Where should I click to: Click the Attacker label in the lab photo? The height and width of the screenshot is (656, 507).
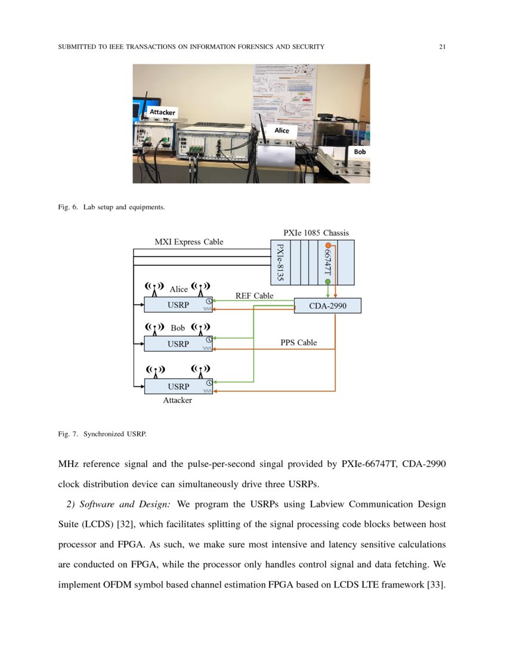click(x=162, y=112)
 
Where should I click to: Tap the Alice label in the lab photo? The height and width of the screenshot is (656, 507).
click(x=282, y=130)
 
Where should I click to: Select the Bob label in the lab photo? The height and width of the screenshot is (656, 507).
click(x=360, y=152)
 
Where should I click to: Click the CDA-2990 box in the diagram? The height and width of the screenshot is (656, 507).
click(x=327, y=306)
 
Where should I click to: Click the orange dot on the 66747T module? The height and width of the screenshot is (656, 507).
click(x=328, y=246)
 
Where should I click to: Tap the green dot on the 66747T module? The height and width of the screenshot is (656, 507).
click(x=328, y=281)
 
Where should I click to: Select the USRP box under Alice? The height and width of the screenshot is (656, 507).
click(x=178, y=305)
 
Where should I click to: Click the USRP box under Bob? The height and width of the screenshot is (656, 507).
click(x=178, y=344)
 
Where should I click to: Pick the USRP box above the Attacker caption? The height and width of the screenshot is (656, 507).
click(x=178, y=386)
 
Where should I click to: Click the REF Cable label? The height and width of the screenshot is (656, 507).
click(x=255, y=295)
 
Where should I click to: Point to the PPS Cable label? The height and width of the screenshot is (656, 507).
click(x=299, y=343)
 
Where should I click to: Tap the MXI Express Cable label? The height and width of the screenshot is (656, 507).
click(x=189, y=242)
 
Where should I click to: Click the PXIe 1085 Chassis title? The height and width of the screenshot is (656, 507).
click(x=316, y=233)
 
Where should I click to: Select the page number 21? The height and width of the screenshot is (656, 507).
click(x=442, y=47)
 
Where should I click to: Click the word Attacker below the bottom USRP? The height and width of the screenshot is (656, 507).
click(x=178, y=400)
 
